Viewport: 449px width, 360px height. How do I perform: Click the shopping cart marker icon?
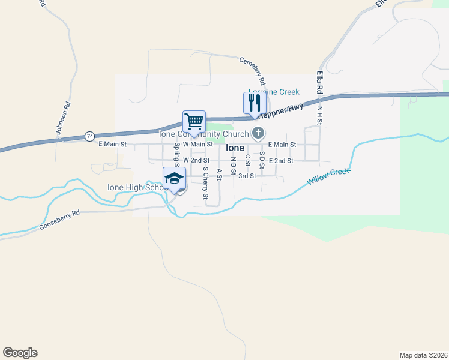point(194,122)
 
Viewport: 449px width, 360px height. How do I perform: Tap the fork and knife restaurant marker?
point(255,103)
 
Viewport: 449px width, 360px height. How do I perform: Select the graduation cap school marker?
point(175,178)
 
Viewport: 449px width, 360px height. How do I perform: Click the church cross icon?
point(258,133)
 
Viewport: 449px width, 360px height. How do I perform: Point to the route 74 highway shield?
point(89,136)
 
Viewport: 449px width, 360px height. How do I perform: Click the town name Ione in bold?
point(235,148)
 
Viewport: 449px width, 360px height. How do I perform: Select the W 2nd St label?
point(196,161)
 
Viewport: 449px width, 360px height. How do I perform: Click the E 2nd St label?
point(281,161)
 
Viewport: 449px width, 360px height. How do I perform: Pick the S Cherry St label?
point(205,182)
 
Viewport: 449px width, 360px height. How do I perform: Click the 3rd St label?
point(247,176)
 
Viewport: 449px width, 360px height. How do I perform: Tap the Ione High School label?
point(135,187)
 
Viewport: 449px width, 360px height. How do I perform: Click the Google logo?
point(20,353)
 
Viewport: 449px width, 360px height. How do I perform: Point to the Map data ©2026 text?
point(423,355)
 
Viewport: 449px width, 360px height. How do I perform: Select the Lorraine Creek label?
point(274,92)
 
